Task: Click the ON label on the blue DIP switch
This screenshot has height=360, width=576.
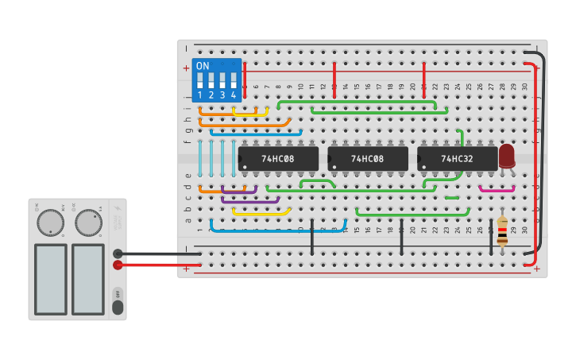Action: point(203,66)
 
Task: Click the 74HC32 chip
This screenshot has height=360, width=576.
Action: point(457,158)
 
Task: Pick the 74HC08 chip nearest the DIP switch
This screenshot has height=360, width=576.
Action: point(278,158)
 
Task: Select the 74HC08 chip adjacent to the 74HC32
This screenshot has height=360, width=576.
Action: point(367,158)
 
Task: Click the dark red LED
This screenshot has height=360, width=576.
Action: point(506,155)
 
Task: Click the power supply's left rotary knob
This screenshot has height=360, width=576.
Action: point(50,223)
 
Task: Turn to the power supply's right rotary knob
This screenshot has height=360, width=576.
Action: point(88,223)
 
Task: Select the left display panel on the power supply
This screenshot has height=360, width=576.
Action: point(50,278)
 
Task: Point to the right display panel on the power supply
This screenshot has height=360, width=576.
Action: point(88,278)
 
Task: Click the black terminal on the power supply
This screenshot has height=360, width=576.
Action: point(118,254)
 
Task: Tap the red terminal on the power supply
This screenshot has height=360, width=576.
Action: point(118,265)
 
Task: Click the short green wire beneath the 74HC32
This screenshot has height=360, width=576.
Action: point(451,197)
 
